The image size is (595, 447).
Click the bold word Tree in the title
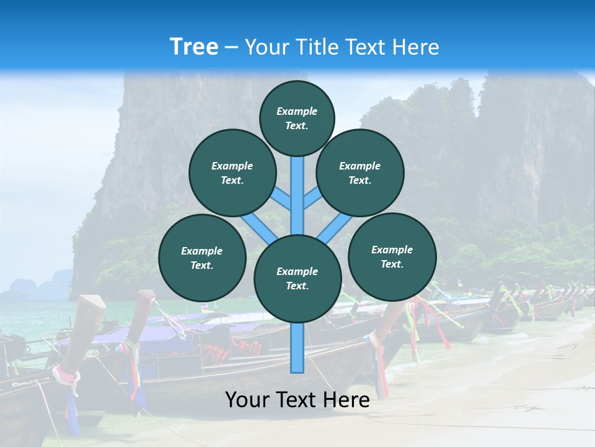click(194, 47)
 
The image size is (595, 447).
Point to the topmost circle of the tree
click(297, 118)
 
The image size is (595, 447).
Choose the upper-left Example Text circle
click(232, 173)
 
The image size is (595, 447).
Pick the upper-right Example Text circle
click(360, 173)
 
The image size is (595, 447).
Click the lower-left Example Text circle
click(202, 258)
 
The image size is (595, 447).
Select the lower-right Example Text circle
click(392, 256)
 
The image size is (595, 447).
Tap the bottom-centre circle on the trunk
click(297, 278)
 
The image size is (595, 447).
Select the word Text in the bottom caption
click(299, 400)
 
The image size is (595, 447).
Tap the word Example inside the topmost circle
click(297, 111)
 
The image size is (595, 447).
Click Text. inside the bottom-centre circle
click(297, 286)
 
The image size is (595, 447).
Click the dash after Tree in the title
click(231, 47)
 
